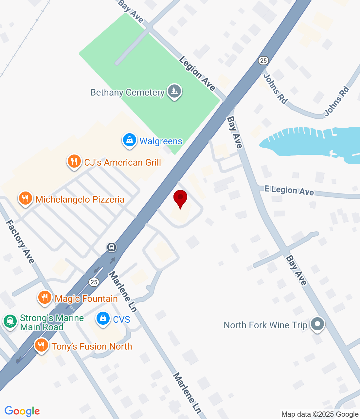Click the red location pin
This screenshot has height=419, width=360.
[180, 198]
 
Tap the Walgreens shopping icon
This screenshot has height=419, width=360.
[130, 140]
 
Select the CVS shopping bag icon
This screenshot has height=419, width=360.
[103, 319]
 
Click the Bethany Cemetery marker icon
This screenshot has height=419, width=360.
[174, 91]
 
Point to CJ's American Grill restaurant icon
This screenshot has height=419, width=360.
[74, 162]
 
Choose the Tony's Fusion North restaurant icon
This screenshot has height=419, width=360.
[41, 345]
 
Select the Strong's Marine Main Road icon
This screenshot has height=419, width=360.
[10, 321]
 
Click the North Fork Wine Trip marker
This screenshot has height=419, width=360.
[317, 324]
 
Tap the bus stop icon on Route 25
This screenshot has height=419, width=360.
[112, 247]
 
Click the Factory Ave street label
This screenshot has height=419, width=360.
[20, 242]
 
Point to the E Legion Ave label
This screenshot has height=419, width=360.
[289, 190]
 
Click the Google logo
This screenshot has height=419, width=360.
[22, 411]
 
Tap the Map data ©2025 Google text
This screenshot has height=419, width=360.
[320, 414]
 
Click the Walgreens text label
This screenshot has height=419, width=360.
[161, 141]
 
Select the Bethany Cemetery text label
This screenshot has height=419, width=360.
[127, 93]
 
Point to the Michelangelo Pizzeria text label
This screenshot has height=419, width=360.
[80, 199]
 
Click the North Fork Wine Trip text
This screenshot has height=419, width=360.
[265, 325]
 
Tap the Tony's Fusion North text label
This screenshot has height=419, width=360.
[92, 346]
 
